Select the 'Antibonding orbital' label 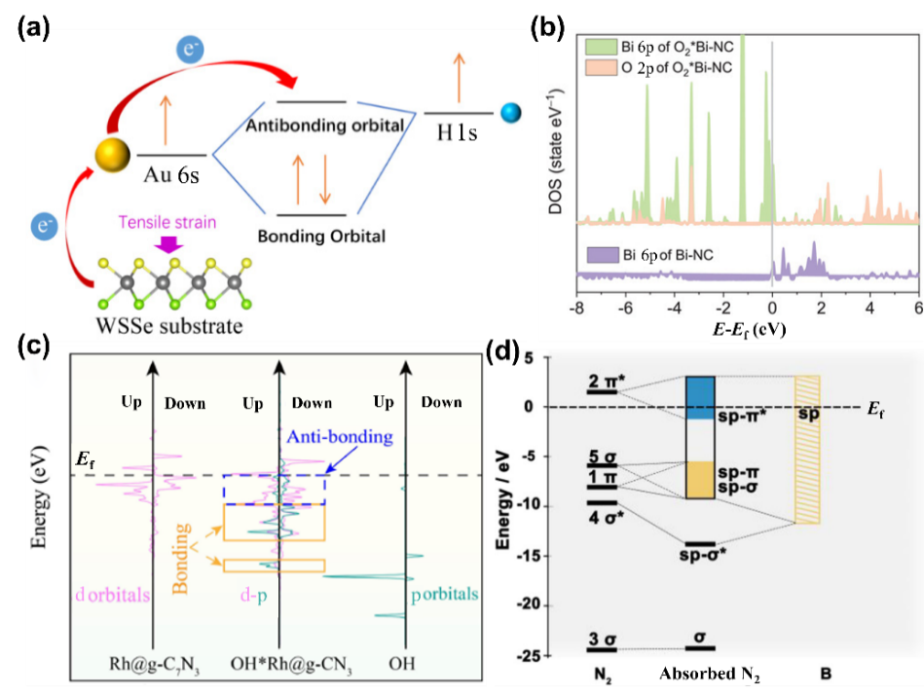(324, 127)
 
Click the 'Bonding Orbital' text (321, 236)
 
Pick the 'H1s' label (457, 133)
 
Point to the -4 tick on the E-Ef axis (674, 308)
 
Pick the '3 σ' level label (601, 639)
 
